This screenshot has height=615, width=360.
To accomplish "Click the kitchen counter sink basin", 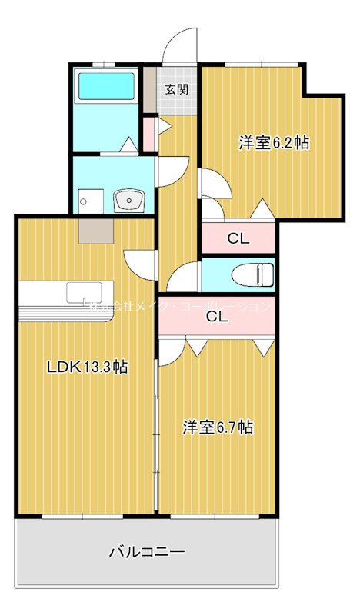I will tap(80, 293).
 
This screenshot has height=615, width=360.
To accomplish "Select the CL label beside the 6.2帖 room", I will tap(238, 238).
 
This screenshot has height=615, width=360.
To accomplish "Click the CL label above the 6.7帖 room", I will tap(216, 315).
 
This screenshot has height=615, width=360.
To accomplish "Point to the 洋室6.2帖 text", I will tap(273, 142).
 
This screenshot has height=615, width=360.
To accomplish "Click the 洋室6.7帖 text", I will tap(218, 427).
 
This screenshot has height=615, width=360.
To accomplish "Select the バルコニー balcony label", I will tap(146, 551).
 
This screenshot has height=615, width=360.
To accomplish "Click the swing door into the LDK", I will tap(141, 265).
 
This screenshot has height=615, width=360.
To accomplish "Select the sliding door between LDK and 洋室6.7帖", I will tap(157, 430).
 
